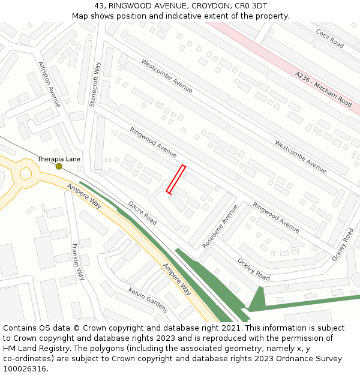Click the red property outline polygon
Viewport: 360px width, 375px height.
tap(175, 179)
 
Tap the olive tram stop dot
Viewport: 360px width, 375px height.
tap(59, 166)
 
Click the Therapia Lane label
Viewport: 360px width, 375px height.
tap(59, 159)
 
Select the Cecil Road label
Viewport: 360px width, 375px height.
tap(329, 39)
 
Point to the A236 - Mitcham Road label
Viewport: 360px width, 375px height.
tap(323, 89)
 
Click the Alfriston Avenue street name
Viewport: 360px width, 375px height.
tap(49, 85)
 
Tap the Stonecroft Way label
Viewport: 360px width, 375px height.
tap(95, 84)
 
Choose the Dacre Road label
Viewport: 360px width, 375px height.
tap(142, 213)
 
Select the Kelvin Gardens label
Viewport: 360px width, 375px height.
tap(148, 299)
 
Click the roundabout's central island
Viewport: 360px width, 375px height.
tap(25, 173)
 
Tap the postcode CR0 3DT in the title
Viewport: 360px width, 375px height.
tap(252, 6)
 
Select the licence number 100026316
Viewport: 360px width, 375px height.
tap(25, 369)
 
